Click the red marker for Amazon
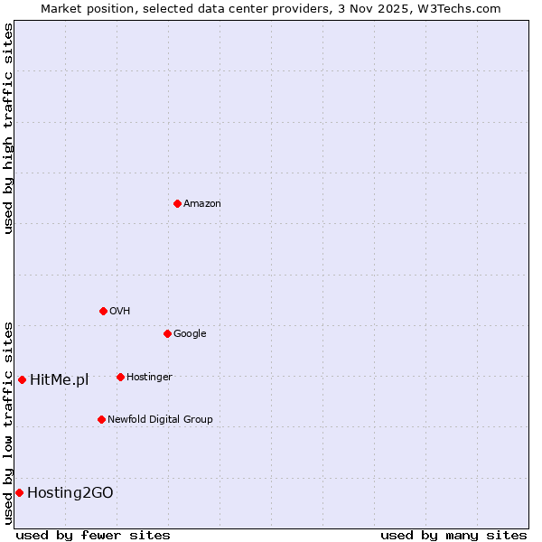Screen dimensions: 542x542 [177, 203]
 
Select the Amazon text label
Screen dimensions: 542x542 [202, 204]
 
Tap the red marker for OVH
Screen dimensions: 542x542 [103, 311]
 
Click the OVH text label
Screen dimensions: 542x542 [120, 312]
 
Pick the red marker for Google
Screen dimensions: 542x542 [167, 333]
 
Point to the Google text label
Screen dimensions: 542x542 [190, 334]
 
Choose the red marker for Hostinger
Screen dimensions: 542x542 [120, 377]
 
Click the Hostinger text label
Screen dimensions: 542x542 [149, 378]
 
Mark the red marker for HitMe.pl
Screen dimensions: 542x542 [22, 379]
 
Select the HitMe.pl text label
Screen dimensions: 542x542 [60, 380]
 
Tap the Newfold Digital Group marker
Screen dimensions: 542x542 [101, 419]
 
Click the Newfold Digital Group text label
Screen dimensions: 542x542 [160, 420]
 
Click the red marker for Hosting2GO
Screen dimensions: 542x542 [19, 492]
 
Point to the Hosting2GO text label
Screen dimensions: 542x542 [70, 493]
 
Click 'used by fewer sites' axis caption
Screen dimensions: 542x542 [93, 535]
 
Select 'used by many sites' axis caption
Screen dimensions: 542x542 [453, 535]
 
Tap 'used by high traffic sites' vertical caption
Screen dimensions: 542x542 [8, 128]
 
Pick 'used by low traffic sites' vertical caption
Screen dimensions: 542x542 [8, 422]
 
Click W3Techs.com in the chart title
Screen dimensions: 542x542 [463, 8]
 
